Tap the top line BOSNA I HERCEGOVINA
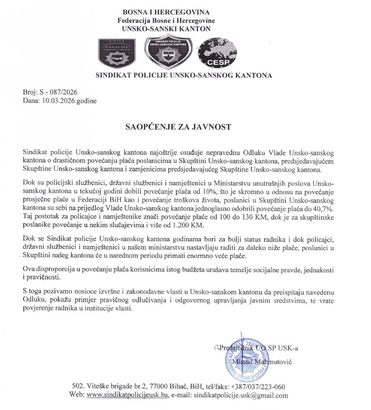point(166,13)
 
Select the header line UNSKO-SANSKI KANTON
point(166,29)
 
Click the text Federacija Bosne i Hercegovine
point(166,21)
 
